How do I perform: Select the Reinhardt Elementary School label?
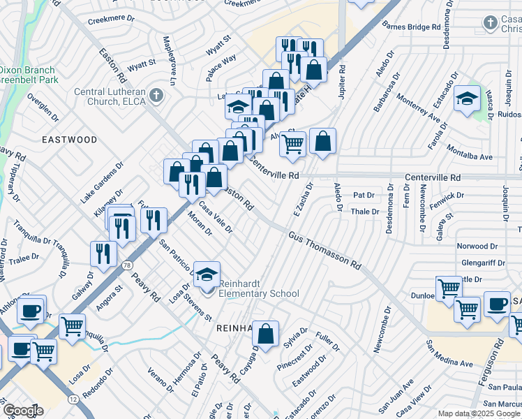coord(259,288)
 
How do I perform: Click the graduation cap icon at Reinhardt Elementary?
coord(207,274)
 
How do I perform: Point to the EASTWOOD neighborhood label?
coord(70,140)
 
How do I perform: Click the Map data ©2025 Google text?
coord(479,414)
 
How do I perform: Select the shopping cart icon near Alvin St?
coord(293,144)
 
